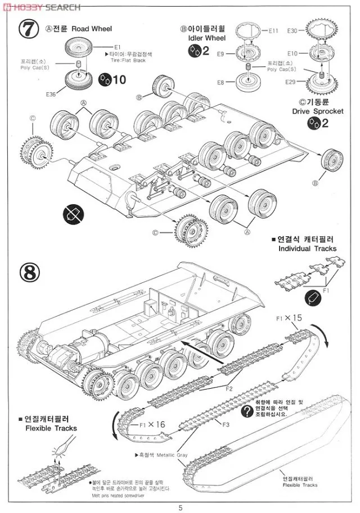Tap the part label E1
coord(118,47)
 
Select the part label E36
coord(52,94)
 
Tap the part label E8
coord(220,83)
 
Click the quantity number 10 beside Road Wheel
coord(119,80)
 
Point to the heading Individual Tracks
coord(307,248)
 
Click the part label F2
coord(229,388)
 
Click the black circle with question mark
coord(246,411)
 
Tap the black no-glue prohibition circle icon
coord(74,213)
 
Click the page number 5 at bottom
coord(180,508)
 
